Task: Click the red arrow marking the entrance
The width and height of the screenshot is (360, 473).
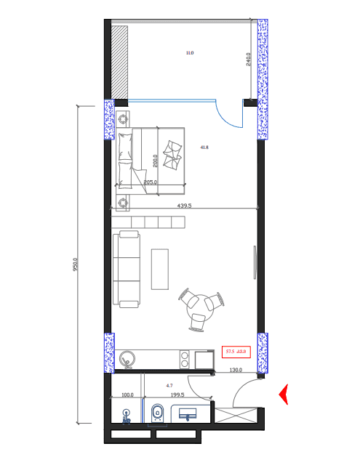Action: (x=284, y=394)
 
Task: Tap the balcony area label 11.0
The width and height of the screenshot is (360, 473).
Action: (x=190, y=53)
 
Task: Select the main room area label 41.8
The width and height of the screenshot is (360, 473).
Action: (x=204, y=147)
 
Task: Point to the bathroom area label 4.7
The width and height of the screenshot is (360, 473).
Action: (x=169, y=386)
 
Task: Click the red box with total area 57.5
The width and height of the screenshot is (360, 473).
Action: (x=236, y=352)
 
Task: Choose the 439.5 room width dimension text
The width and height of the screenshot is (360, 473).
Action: (x=184, y=206)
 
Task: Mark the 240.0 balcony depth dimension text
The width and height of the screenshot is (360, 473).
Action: (x=248, y=60)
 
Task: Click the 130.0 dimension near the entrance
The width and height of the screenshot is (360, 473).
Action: (x=236, y=371)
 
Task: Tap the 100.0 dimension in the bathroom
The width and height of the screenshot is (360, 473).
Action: (x=127, y=395)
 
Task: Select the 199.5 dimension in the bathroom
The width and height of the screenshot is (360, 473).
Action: (x=177, y=395)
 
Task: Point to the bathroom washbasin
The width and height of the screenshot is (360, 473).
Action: (x=189, y=415)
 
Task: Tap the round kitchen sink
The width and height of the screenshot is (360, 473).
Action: (x=129, y=358)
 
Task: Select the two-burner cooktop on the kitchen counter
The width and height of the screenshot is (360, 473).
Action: (x=185, y=359)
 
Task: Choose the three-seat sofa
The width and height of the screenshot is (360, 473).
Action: (x=127, y=269)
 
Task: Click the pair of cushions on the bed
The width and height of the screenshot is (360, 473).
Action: (x=173, y=154)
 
